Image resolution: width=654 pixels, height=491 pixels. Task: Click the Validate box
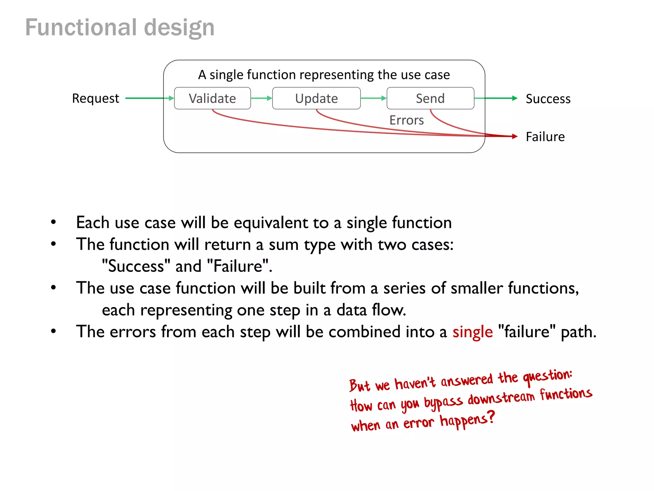click(212, 98)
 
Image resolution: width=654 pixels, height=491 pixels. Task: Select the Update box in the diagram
click(316, 98)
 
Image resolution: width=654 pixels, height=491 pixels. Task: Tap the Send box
click(430, 98)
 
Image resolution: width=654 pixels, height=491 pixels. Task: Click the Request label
click(95, 98)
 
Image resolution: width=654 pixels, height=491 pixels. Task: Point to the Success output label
click(548, 99)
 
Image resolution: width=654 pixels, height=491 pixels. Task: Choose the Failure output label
click(545, 137)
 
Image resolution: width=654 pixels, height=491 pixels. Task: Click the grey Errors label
click(407, 120)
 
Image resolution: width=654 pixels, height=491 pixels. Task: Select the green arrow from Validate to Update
click(261, 98)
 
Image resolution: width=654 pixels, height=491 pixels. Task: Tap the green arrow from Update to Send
click(373, 98)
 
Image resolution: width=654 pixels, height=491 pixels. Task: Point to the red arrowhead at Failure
click(514, 136)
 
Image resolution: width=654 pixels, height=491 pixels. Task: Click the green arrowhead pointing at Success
click(514, 98)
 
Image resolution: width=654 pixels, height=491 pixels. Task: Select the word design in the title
click(179, 28)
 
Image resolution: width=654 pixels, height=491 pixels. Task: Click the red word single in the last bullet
click(473, 332)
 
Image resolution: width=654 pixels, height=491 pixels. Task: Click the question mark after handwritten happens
click(491, 417)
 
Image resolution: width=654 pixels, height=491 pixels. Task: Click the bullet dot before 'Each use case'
click(53, 222)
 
